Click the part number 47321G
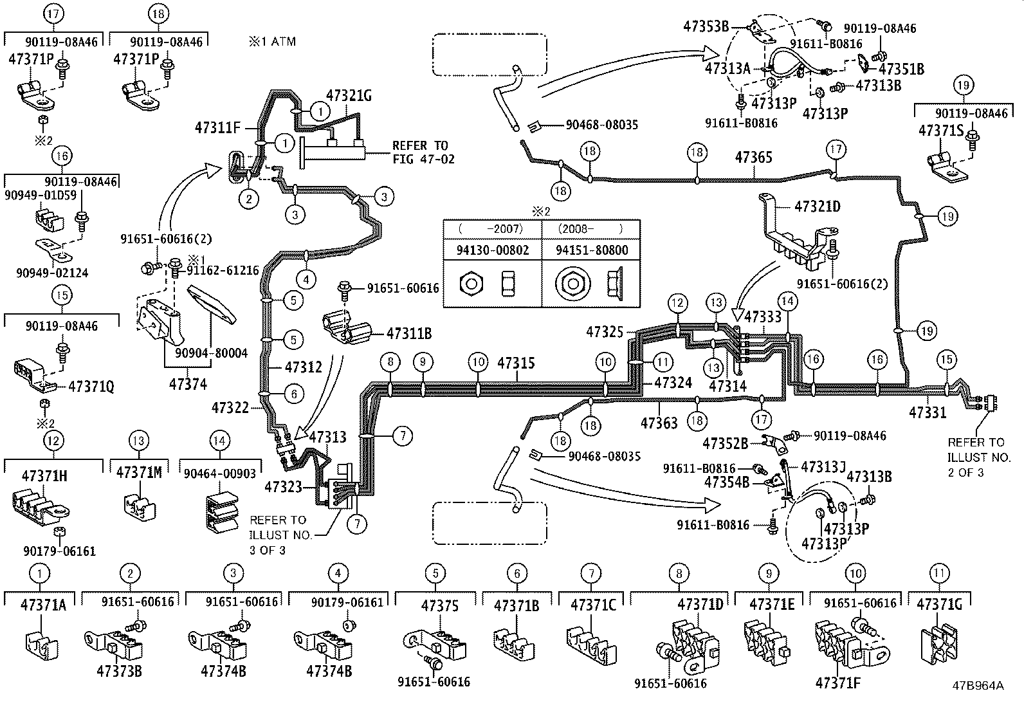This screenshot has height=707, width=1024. pos(349,96)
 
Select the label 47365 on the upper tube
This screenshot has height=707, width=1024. pos(753,157)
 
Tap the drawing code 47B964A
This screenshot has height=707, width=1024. pos(978,685)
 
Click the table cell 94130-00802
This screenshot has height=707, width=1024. pos(493,250)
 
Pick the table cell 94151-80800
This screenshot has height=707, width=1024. pos(592,250)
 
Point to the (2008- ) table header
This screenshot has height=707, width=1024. pos(590,228)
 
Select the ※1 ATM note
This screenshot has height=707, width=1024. pos(273,41)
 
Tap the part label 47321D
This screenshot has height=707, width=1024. pos(817,207)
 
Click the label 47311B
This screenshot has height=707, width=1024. pos(408,333)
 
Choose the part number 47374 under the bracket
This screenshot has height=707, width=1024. pos(188,384)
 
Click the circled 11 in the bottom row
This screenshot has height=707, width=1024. pos(939,573)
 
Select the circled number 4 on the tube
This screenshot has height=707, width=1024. pos(307,279)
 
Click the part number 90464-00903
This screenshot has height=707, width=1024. pos(219,473)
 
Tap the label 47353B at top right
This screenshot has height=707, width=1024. pos(706,26)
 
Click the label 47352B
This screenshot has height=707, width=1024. pos(725,443)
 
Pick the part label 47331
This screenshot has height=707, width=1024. pos(928,412)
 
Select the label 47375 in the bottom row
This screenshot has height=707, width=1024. pos(440,605)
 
